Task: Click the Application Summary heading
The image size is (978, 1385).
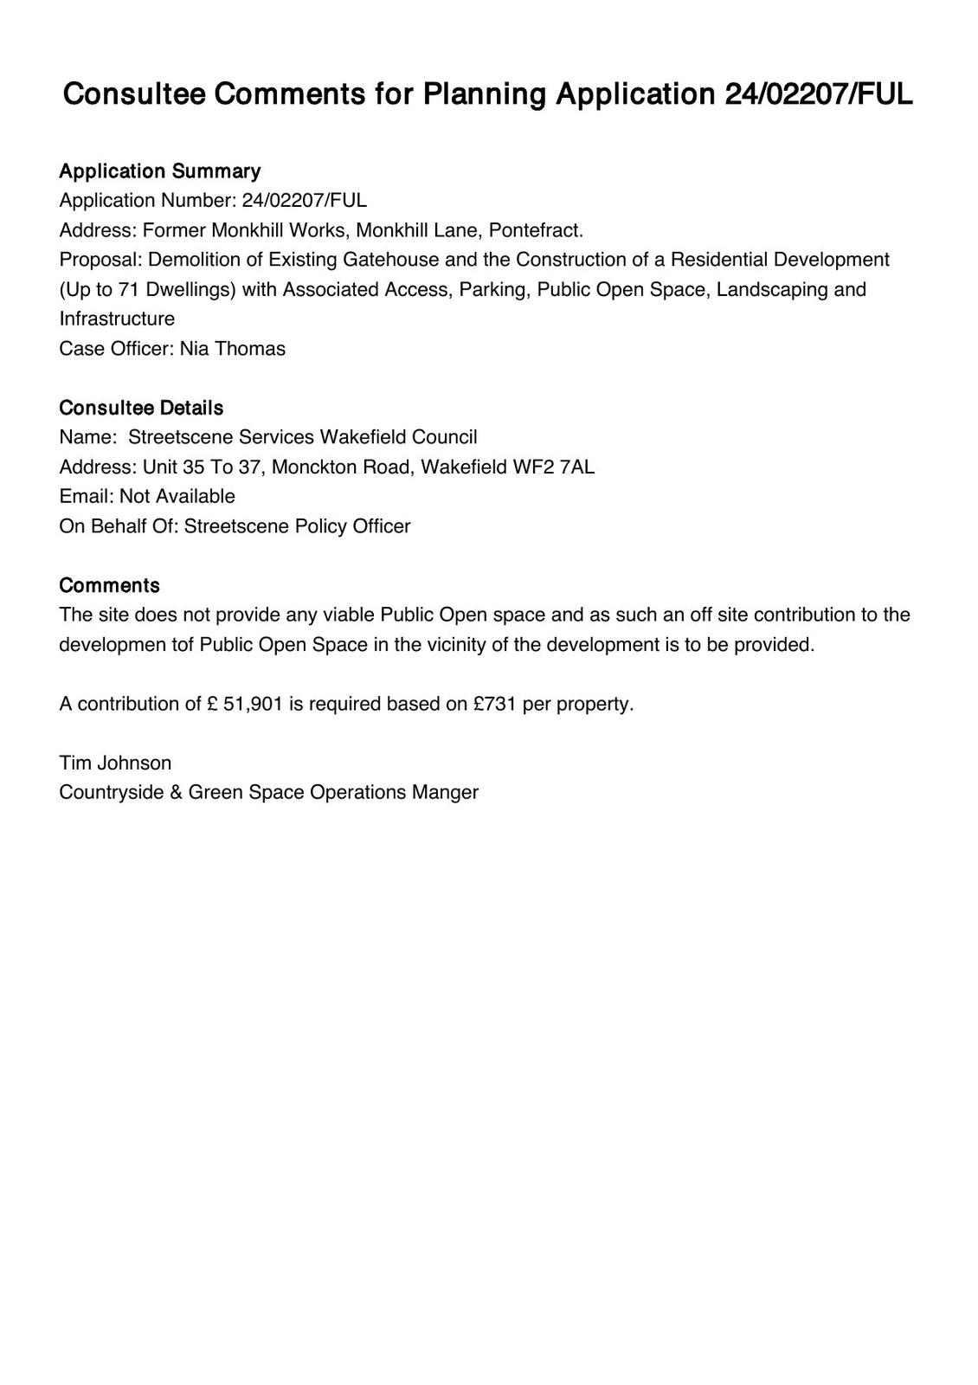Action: tap(159, 171)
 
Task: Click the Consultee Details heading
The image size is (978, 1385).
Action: tap(141, 408)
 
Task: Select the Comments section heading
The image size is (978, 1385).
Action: tap(109, 586)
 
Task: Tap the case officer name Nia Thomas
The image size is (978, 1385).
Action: tap(232, 349)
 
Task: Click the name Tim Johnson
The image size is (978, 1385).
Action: tap(115, 763)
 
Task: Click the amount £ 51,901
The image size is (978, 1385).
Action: tap(245, 704)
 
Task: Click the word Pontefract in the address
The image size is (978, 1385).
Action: tap(536, 230)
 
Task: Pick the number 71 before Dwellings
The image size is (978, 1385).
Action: tap(129, 289)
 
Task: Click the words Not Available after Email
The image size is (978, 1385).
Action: tap(177, 497)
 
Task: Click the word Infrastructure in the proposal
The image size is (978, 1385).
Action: tap(117, 319)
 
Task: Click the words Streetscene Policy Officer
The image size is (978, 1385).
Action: tap(297, 526)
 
